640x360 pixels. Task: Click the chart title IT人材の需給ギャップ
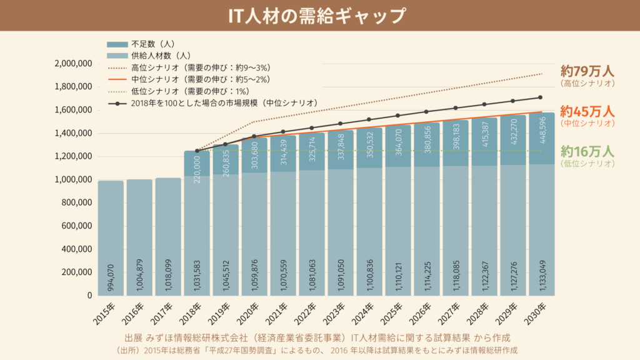point(319,16)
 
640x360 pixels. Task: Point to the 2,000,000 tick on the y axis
point(74,64)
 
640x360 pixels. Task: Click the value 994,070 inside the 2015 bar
point(111,277)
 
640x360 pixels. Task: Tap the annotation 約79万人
point(587,70)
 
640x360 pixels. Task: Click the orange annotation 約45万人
point(587,111)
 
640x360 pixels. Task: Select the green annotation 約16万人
point(587,151)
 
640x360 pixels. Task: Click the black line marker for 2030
point(540,97)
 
